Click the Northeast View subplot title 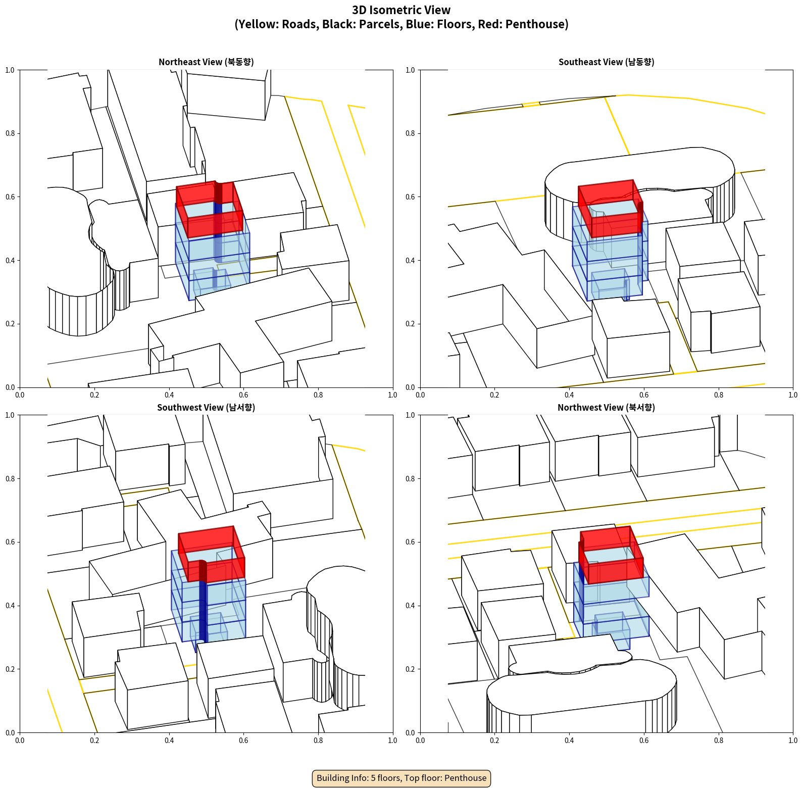point(206,62)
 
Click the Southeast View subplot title point(606,62)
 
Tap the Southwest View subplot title point(206,408)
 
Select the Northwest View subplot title point(606,408)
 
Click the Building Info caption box point(401,778)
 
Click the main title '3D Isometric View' point(401,10)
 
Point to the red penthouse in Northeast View point(209,209)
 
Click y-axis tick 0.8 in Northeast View point(10,133)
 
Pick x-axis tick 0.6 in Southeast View point(644,395)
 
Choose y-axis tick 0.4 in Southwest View point(10,606)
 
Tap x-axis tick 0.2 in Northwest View point(494,741)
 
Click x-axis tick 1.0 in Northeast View point(393,395)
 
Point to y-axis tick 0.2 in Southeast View point(410,324)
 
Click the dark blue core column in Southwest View point(203,606)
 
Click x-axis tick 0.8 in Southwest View point(318,741)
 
